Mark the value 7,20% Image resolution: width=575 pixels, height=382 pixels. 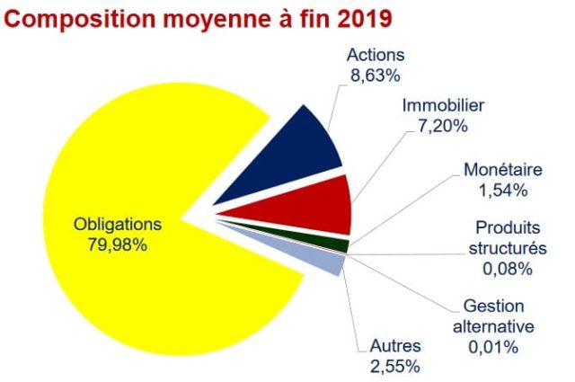click(443, 126)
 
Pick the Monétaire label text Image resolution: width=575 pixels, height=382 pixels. click(502, 170)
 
